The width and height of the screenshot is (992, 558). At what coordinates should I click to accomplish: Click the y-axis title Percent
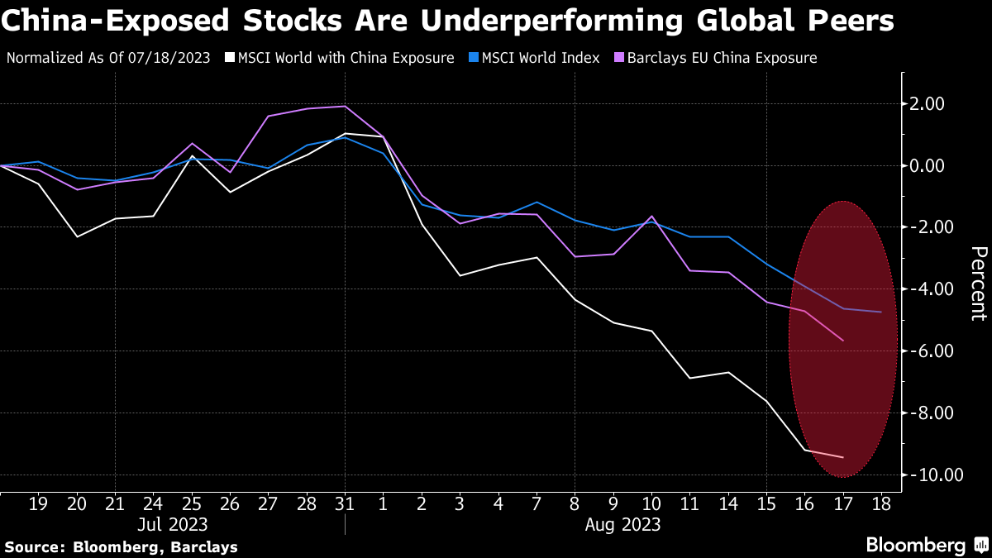(x=977, y=283)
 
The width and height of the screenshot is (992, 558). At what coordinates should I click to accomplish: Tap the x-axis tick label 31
(x=344, y=503)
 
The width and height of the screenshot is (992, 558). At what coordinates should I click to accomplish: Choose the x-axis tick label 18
(x=880, y=503)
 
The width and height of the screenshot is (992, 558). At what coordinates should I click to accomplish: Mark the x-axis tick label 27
(x=268, y=503)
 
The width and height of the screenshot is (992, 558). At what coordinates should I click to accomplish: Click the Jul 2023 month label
(x=173, y=524)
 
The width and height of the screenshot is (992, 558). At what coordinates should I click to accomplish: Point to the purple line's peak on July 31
(x=344, y=106)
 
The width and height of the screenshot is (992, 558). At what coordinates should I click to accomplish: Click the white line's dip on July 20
(x=77, y=237)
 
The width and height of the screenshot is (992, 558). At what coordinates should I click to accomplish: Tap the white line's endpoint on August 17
(x=842, y=457)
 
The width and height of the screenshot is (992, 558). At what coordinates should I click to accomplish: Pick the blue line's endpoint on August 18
(x=880, y=312)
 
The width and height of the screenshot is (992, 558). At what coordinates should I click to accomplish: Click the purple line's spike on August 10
(x=651, y=217)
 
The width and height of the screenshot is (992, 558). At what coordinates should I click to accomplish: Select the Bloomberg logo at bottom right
(x=926, y=545)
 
